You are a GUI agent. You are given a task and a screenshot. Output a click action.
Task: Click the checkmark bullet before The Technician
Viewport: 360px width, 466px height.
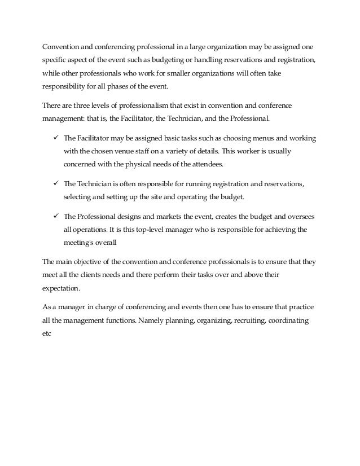tap(55, 184)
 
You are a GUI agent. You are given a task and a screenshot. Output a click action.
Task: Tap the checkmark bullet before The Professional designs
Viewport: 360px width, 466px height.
tap(55, 217)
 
